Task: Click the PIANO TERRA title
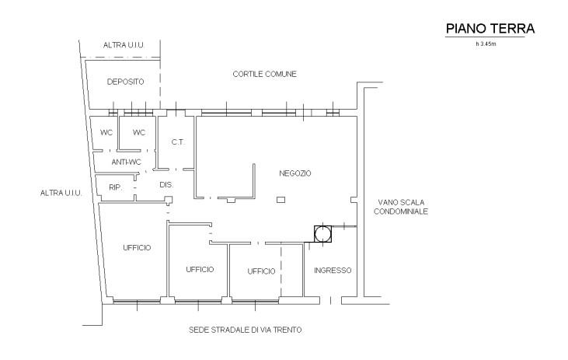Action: tap(490, 28)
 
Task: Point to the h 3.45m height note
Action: tap(486, 44)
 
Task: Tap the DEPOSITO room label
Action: tap(125, 82)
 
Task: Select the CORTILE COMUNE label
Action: tap(264, 74)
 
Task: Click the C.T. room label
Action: tap(178, 142)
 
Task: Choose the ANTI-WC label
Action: tap(126, 162)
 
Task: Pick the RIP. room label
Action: tap(116, 187)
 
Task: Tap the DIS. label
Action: tap(166, 184)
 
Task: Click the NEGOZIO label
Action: tap(294, 173)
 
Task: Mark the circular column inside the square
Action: tap(322, 233)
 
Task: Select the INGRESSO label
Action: tap(333, 270)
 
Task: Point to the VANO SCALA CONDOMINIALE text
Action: tap(401, 207)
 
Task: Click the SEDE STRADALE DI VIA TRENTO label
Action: tap(246, 330)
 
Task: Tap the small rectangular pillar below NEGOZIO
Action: tap(281, 200)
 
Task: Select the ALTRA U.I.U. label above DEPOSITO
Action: tap(124, 45)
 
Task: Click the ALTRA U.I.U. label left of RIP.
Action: tap(61, 193)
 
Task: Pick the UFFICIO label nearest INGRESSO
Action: tap(261, 271)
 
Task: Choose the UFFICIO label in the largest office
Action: tap(137, 247)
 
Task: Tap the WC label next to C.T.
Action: tap(139, 132)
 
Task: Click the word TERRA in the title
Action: tap(513, 28)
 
